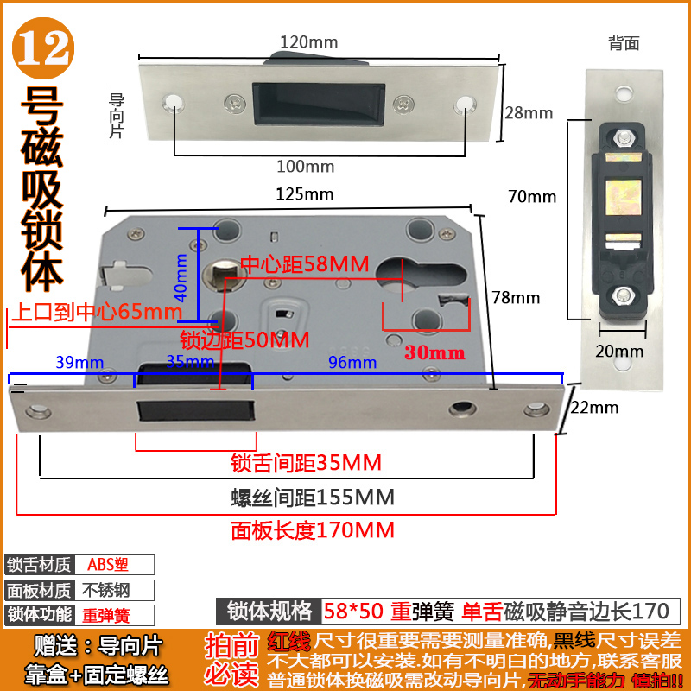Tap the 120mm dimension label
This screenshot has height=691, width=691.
point(308,41)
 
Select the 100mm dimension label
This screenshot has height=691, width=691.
point(305,166)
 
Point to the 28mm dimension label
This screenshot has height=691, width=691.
point(529,113)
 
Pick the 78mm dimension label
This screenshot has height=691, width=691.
point(516,298)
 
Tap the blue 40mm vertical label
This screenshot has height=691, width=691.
point(181,273)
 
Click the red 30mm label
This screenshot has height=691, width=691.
point(435,352)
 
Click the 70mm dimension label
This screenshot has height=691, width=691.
point(532,196)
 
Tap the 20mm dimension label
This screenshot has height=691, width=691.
point(619,351)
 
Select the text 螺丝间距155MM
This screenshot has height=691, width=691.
point(313,498)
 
